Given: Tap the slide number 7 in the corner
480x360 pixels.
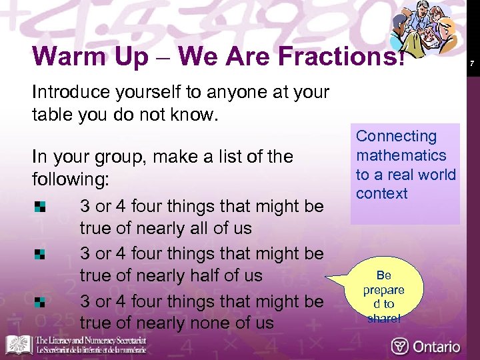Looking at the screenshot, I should point(471,64).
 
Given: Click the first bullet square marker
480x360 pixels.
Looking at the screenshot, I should point(40,206).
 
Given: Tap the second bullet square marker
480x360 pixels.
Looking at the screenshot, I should point(40,254).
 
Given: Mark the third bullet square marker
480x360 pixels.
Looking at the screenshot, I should point(40,302).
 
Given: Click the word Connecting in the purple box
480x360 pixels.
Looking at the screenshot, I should point(396,137).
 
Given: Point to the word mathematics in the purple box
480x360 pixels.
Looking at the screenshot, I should point(401,155).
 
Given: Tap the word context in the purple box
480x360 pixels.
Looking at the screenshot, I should point(381,194).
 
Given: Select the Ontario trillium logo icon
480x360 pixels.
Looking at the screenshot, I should point(400,346).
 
